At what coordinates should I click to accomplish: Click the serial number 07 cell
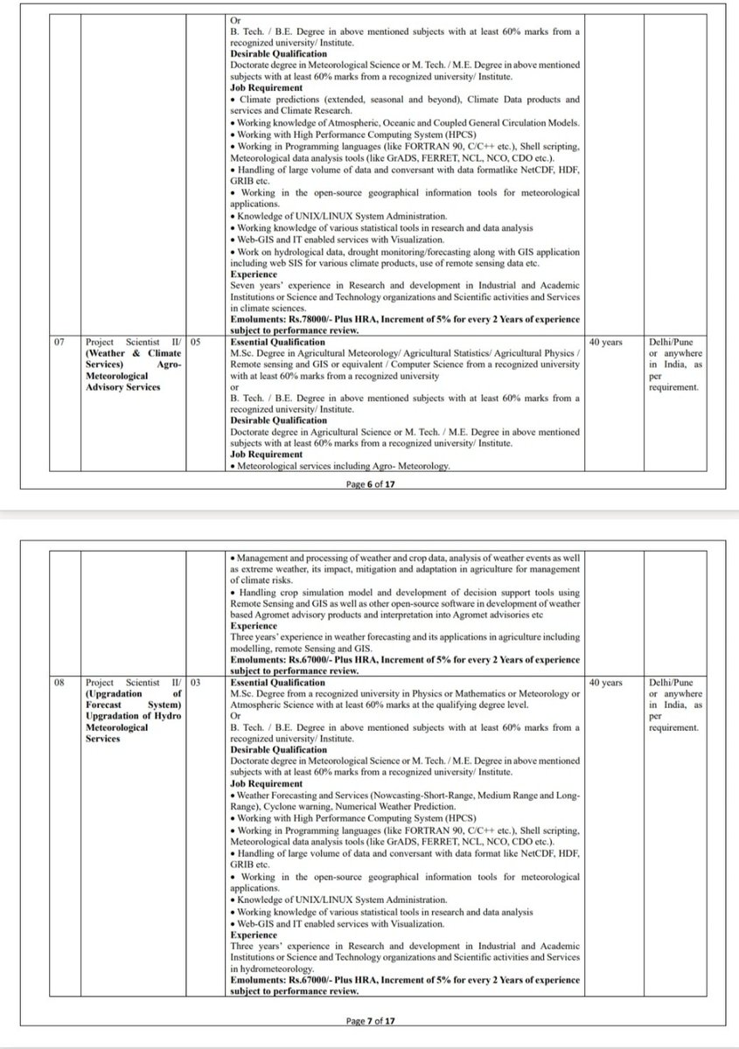(x=59, y=343)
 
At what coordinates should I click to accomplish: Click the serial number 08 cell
(x=59, y=682)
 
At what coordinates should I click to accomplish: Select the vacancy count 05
(x=197, y=343)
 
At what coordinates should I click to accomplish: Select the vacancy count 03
(x=197, y=682)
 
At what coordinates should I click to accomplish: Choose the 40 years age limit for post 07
(x=606, y=343)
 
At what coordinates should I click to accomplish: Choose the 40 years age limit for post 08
(x=606, y=682)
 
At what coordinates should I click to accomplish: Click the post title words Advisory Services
(x=122, y=387)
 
